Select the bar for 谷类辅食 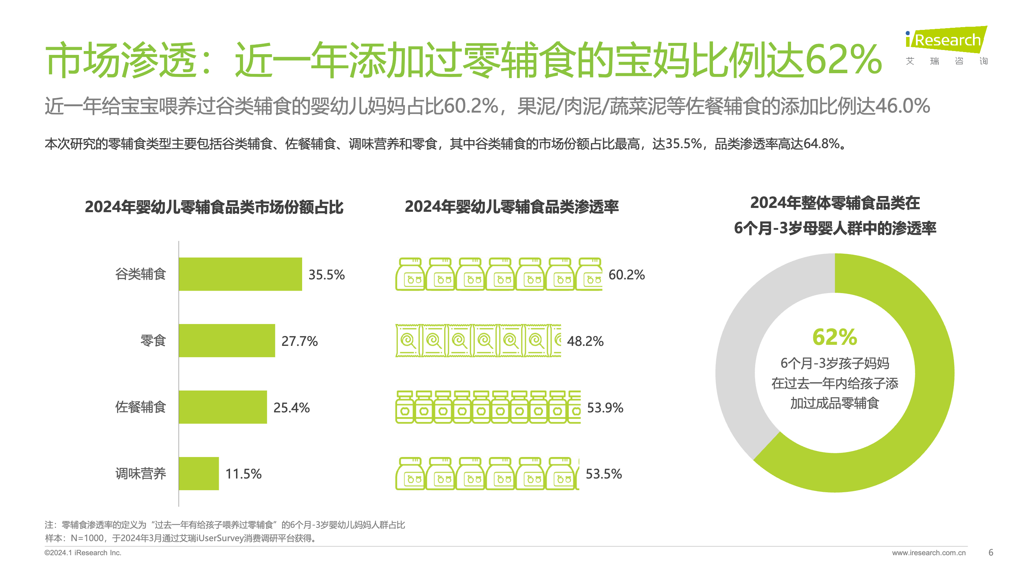[240, 274]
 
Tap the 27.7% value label [299, 341]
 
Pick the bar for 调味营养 [199, 474]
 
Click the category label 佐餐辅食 [140, 407]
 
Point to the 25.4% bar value [291, 407]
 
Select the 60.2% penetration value [626, 274]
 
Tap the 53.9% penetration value [605, 407]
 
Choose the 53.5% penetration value [604, 474]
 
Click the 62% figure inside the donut [834, 337]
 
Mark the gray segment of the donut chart [743, 334]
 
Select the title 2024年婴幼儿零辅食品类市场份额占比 [214, 207]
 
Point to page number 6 [990, 552]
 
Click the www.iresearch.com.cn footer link [929, 553]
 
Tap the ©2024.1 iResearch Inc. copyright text [83, 553]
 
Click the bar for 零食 [227, 341]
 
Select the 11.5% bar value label [243, 474]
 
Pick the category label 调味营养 [140, 474]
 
